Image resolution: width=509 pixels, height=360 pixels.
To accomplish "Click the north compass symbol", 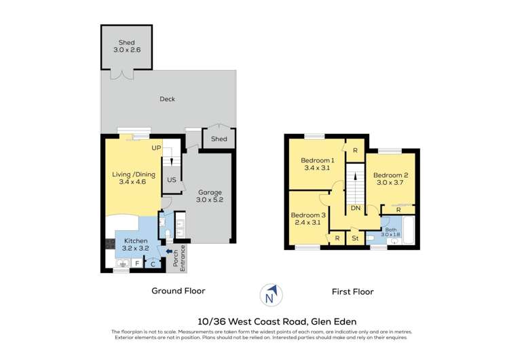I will point(270,295).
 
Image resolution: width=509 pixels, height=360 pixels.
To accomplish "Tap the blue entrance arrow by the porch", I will point(170,252).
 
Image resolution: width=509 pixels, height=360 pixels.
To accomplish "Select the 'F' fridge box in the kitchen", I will point(137,263).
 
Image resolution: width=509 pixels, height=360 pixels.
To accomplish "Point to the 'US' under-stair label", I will point(172,180).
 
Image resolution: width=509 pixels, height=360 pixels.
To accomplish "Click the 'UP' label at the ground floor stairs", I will point(156,147).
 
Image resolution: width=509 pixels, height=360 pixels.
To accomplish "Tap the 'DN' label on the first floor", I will point(355,209).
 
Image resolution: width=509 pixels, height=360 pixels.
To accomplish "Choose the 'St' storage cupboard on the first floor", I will point(355,238).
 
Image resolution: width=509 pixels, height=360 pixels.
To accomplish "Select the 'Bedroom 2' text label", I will point(390,174).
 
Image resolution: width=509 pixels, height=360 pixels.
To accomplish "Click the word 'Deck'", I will point(167,99).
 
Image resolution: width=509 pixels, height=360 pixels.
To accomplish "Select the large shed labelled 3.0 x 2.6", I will point(127,46).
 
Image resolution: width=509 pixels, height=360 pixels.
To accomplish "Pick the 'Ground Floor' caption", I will point(178,291).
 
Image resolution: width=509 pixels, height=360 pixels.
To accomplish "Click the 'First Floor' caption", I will point(352,291).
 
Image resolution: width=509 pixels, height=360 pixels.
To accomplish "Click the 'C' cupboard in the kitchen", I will point(153,263).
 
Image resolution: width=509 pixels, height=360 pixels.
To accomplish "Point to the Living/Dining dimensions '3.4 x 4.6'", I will point(134,183).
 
